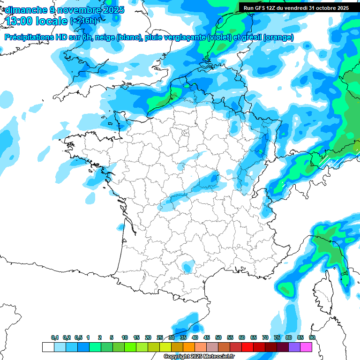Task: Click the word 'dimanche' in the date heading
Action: [x=24, y=9]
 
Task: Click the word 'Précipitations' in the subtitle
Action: [x=33, y=37]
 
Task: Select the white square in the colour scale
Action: [x=48, y=347]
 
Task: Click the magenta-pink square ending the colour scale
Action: [x=307, y=347]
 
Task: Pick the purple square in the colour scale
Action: [x=295, y=347]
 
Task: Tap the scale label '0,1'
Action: [x=55, y=337]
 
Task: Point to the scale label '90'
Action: [x=312, y=337]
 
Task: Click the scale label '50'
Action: [x=218, y=337]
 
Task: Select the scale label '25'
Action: [x=160, y=337]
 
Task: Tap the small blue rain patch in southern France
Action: [x=187, y=268]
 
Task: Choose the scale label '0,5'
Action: [x=78, y=337]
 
